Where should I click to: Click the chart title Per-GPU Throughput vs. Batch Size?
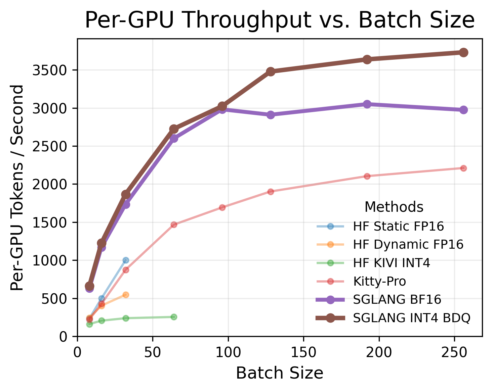tap(279, 20)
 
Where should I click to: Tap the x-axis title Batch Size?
tap(279, 373)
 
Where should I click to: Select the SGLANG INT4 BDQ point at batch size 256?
tap(463, 52)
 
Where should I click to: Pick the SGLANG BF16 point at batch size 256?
tap(463, 110)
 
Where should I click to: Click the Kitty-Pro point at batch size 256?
tap(463, 168)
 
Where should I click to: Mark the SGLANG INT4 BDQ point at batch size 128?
tap(271, 71)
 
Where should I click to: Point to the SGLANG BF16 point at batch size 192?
tap(367, 104)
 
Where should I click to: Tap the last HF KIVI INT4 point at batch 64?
tap(174, 317)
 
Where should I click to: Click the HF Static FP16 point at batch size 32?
tap(126, 260)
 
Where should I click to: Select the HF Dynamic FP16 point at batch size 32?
tap(126, 295)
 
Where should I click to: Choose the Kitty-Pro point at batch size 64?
tap(174, 225)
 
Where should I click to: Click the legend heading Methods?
tap(394, 207)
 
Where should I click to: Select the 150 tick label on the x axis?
tap(303, 352)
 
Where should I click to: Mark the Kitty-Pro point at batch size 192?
tap(367, 176)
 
